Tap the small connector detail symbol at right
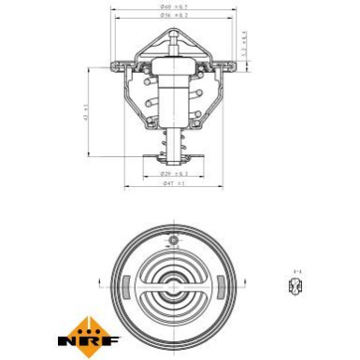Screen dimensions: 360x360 pos(296,287)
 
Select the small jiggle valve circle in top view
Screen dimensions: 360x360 pos(175,240)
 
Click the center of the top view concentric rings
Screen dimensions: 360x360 pos(175,284)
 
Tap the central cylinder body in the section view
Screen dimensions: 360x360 pos(175,103)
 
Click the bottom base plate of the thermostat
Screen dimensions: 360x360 pos(175,159)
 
